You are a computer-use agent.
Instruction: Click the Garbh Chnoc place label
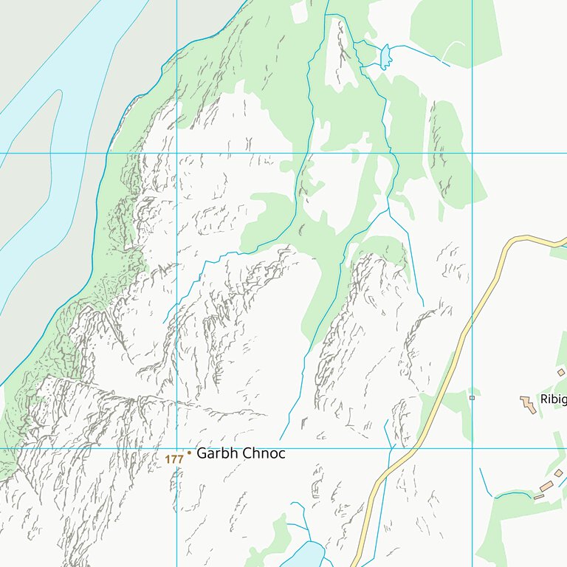241,453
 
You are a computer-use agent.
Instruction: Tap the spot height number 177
174,459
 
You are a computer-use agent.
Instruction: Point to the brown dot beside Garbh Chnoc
189,453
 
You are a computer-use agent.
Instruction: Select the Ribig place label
553,399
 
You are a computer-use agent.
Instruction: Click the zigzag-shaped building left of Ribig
528,404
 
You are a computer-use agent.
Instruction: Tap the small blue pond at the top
385,57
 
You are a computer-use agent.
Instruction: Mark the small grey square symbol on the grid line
472,398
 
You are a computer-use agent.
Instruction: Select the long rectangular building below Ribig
547,487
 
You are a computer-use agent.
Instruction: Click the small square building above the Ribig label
561,373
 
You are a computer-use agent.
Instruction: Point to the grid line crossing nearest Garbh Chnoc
176,448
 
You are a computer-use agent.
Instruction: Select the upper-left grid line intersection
176,154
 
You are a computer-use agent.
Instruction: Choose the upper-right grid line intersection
472,154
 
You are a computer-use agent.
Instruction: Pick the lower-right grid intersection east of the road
472,448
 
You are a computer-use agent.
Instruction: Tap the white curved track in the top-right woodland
454,50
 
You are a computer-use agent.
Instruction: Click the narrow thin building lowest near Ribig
539,497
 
